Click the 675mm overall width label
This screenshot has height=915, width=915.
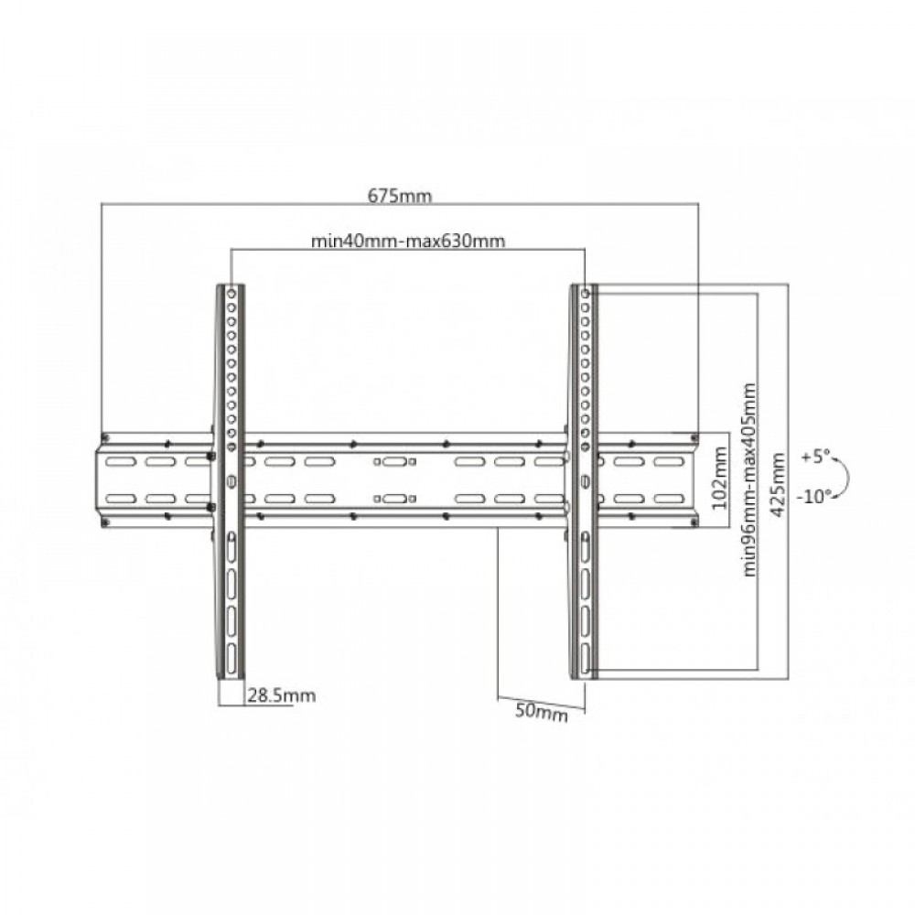coord(400,195)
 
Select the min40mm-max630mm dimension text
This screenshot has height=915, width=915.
coord(408,242)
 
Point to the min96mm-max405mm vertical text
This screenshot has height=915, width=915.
coord(750,479)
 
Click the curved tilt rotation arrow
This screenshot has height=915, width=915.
coord(848,475)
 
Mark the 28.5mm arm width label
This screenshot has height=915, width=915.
coord(281,696)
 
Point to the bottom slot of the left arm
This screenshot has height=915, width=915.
coord(231,656)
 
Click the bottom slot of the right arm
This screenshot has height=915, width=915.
coord(584,656)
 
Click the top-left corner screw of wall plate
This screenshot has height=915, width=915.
coord(105,436)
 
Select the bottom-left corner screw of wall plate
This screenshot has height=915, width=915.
coord(105,522)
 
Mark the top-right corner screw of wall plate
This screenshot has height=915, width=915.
coord(694,436)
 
